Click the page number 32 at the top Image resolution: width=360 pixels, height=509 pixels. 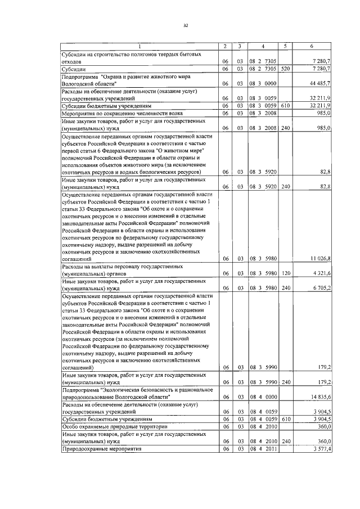(x=185, y=25)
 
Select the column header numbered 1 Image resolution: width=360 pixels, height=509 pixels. (x=139, y=46)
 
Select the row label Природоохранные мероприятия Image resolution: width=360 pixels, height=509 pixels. (x=101, y=449)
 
